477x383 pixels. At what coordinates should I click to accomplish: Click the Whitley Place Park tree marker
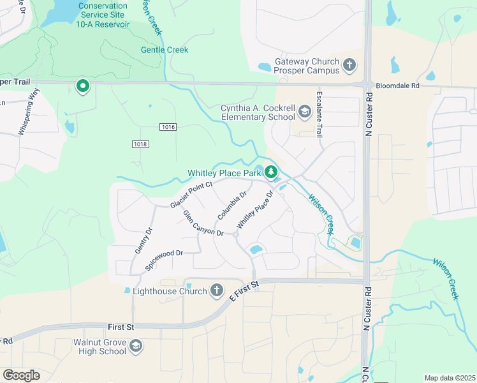click(x=271, y=172)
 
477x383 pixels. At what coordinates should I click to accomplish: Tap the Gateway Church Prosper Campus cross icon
click(x=349, y=64)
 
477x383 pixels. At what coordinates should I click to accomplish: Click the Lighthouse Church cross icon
click(x=216, y=291)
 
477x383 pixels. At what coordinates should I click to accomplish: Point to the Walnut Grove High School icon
click(x=135, y=347)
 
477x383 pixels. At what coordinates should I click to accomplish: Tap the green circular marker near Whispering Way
click(x=82, y=86)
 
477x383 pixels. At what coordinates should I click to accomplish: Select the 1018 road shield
click(x=141, y=144)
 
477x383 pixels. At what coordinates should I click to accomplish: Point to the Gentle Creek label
click(x=165, y=50)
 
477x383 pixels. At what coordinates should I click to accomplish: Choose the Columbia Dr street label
click(x=232, y=205)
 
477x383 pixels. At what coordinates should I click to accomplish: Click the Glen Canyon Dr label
click(x=203, y=223)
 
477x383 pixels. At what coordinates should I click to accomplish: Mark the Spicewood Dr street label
click(x=164, y=260)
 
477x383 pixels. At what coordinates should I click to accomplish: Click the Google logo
click(x=21, y=375)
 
